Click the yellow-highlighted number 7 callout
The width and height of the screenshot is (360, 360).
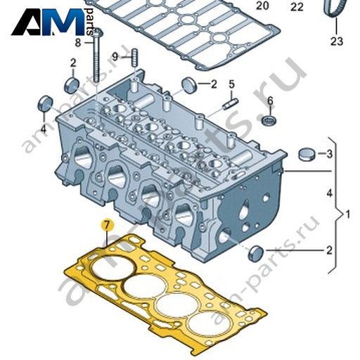coord(107,225)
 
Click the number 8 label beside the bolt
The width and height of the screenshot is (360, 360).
coord(78,43)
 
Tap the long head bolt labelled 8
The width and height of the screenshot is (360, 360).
coord(97,56)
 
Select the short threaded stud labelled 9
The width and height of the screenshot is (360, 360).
coord(135,58)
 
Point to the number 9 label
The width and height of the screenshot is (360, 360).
coord(115,57)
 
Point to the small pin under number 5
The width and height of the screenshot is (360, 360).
coord(231,104)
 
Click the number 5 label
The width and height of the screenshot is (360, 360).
coord(231,84)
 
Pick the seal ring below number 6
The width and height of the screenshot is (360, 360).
coord(269,120)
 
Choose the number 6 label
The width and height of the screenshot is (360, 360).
coord(270,101)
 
